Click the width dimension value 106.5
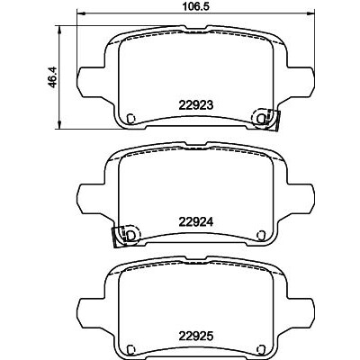pos(195,6)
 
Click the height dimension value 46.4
pos(53,77)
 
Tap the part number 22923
pos(196,105)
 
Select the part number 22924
pos(196,222)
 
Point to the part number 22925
pos(196,337)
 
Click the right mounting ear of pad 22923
pos(301,81)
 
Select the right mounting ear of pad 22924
pos(301,198)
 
